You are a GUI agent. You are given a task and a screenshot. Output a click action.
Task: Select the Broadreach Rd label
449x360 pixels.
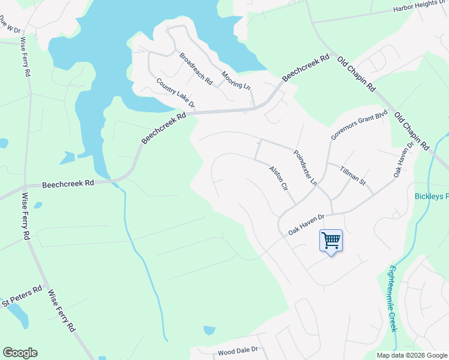point(196,68)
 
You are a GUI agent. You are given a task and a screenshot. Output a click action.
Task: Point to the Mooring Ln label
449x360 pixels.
point(235,78)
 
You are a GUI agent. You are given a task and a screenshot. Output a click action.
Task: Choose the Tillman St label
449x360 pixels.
point(353,176)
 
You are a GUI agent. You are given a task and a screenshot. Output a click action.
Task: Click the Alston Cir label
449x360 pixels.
point(279,178)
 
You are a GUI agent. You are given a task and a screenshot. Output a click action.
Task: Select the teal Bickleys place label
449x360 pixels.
point(432,196)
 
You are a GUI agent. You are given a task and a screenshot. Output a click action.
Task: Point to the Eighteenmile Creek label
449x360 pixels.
point(393,298)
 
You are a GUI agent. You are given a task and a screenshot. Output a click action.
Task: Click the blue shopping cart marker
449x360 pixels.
point(331,241)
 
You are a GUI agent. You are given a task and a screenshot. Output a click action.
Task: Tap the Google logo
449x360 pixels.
point(20,353)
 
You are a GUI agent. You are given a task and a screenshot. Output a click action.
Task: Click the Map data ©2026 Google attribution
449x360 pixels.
point(411,355)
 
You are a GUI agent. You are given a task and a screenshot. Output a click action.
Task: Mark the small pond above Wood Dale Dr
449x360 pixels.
point(209,330)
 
